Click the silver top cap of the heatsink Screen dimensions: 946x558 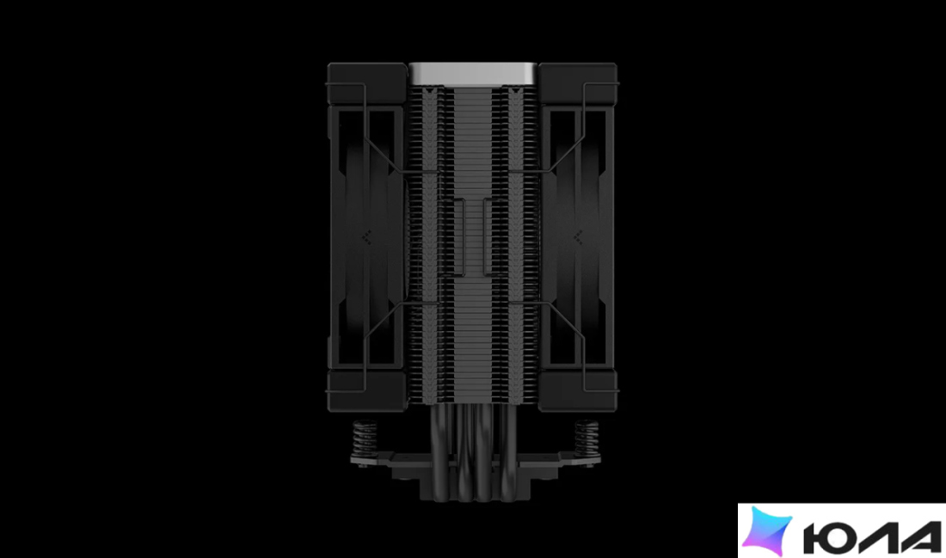coord(474,74)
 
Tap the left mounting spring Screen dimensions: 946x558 coord(365,438)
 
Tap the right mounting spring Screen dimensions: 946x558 coord(586,438)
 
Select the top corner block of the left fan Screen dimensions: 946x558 coord(367,83)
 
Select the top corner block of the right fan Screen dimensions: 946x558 coord(578,83)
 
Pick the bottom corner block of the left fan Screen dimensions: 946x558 coord(367,391)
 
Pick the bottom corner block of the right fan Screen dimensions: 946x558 coord(578,391)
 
